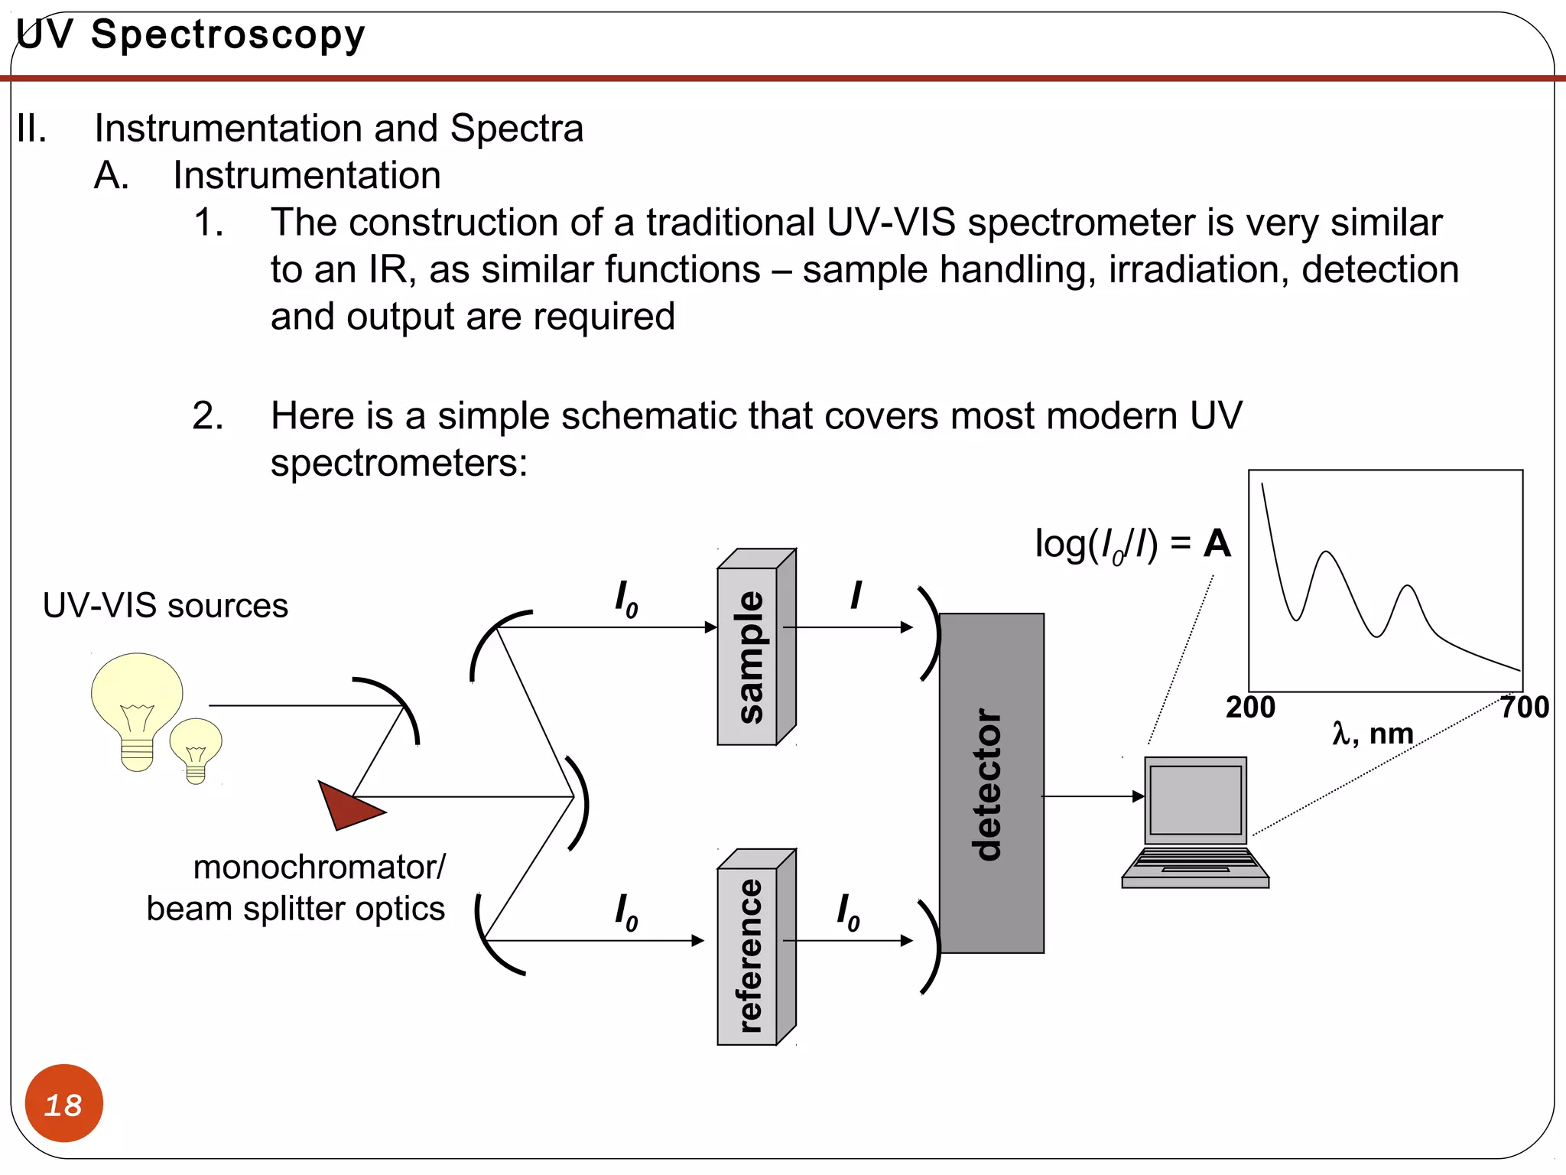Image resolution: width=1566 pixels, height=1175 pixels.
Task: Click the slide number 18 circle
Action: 63,1103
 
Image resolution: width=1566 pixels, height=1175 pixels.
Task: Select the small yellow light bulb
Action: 196,746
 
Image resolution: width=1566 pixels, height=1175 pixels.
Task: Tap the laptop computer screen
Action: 1195,799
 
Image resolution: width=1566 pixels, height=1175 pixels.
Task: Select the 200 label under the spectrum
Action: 1250,708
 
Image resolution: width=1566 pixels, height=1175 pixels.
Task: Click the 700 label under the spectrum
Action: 1524,708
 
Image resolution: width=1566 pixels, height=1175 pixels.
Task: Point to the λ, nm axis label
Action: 1373,734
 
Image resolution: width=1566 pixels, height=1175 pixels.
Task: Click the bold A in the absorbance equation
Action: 1217,544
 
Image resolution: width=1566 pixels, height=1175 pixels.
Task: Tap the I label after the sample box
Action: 856,595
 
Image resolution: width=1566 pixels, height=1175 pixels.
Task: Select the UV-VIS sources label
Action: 165,606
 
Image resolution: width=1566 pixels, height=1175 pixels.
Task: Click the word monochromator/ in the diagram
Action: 319,867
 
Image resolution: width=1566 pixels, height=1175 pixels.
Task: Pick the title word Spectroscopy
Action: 228,35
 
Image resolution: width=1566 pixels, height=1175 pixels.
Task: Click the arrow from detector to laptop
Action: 1093,796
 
